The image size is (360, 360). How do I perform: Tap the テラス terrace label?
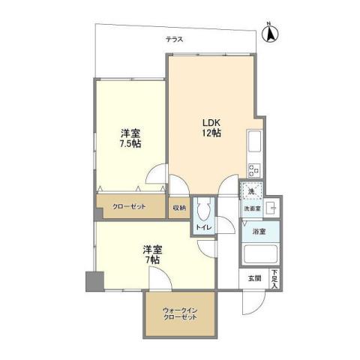tap(175, 39)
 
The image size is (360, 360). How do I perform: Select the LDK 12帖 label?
tap(209, 127)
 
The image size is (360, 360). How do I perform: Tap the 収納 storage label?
tap(178, 207)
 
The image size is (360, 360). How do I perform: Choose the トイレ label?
tap(203, 226)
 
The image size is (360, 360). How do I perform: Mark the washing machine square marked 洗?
tap(252, 192)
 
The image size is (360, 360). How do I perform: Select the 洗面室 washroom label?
tap(251, 208)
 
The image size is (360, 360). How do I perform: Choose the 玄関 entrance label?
tap(256, 278)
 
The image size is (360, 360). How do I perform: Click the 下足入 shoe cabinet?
tap(275, 278)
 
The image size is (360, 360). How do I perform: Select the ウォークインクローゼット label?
tap(179, 313)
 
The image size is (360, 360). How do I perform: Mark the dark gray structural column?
tap(92, 281)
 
